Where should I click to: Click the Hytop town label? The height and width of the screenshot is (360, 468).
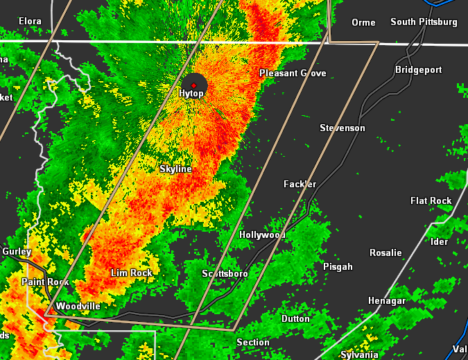(x=191, y=94)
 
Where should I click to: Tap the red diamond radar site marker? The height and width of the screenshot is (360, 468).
(x=194, y=85)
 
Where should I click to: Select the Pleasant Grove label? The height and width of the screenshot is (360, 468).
(x=293, y=74)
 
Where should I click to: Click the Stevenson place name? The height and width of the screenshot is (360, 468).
(x=342, y=128)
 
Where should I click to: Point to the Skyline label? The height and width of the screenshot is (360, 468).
(x=175, y=169)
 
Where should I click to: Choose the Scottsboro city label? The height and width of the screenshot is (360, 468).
(x=225, y=274)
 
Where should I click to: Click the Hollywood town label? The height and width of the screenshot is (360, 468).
(x=263, y=235)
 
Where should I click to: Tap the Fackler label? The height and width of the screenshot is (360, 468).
(x=300, y=185)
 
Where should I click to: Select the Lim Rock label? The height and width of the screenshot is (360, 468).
(x=132, y=273)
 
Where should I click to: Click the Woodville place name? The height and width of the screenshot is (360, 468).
(x=78, y=306)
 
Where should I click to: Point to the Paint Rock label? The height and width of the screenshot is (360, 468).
(x=45, y=282)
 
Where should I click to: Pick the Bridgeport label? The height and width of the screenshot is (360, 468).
(x=418, y=70)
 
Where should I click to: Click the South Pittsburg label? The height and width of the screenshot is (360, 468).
(x=424, y=22)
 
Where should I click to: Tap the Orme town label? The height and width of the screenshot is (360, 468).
(x=363, y=23)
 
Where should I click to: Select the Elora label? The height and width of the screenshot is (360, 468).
(x=30, y=22)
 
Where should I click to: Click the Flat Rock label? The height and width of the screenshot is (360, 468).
(x=431, y=201)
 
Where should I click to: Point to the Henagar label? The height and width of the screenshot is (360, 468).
(x=387, y=301)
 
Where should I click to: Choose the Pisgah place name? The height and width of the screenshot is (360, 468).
(x=338, y=267)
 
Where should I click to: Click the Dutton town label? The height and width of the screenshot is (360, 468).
(x=295, y=319)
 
